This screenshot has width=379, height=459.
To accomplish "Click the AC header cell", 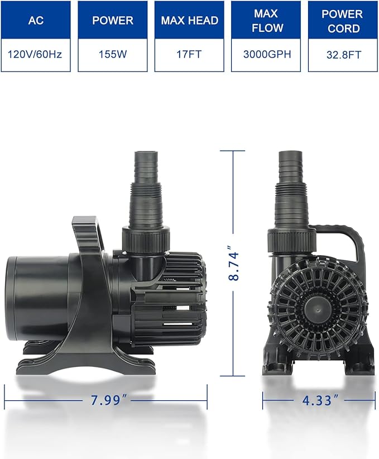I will tap(36, 20).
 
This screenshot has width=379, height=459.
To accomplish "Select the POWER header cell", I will tap(112, 20).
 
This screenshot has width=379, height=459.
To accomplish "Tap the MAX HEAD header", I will tap(189, 20).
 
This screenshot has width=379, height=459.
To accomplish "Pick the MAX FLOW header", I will tap(266, 20).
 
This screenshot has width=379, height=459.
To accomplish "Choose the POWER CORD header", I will tap(343, 20).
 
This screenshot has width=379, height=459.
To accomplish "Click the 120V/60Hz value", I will tap(36, 55).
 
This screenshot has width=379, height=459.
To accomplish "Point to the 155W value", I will tap(112, 55).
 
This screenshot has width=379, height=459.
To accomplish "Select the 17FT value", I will tap(189, 55).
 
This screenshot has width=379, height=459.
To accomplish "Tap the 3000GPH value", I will tap(266, 55).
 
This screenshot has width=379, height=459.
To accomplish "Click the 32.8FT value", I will tap(343, 55).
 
